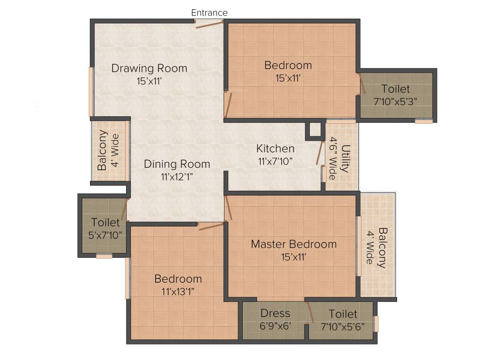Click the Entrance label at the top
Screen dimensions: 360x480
click(209, 13)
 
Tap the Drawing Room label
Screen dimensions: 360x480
click(149, 68)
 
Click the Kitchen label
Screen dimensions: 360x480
click(275, 149)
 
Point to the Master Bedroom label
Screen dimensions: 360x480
click(293, 244)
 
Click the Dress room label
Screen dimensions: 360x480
click(275, 313)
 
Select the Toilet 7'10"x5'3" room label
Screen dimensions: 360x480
click(395, 89)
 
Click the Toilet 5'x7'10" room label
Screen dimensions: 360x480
click(105, 222)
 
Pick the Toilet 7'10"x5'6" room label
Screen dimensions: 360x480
click(343, 314)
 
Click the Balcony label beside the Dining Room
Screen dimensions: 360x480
click(102, 150)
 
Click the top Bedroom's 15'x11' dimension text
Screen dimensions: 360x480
click(288, 78)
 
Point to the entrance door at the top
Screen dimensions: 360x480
click(209, 24)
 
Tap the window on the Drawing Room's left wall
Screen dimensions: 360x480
click(91, 92)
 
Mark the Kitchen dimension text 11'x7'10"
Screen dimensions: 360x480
click(275, 161)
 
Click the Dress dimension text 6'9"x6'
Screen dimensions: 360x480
click(276, 325)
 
